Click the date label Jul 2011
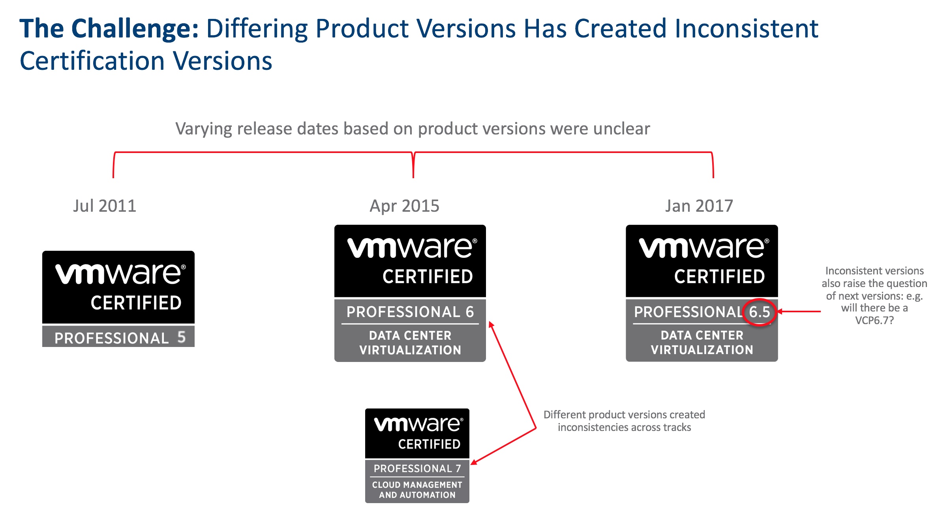pyautogui.click(x=105, y=206)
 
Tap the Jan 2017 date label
pyautogui.click(x=699, y=206)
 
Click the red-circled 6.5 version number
pyautogui.click(x=760, y=312)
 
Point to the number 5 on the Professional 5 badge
pyautogui.click(x=181, y=337)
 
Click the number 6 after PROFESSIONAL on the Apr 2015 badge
pyautogui.click(x=470, y=312)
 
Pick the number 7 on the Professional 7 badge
pyautogui.click(x=458, y=468)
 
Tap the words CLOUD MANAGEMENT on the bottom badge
pyautogui.click(x=417, y=485)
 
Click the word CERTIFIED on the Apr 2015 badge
pyautogui.click(x=428, y=276)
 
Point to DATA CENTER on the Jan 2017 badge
pyautogui.click(x=702, y=335)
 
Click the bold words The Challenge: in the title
pyautogui.click(x=109, y=28)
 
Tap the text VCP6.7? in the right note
pyautogui.click(x=874, y=320)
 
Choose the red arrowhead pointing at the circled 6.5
pyautogui.click(x=780, y=311)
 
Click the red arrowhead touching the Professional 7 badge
pyautogui.click(x=474, y=462)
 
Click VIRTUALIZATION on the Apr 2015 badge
pyautogui.click(x=410, y=350)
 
